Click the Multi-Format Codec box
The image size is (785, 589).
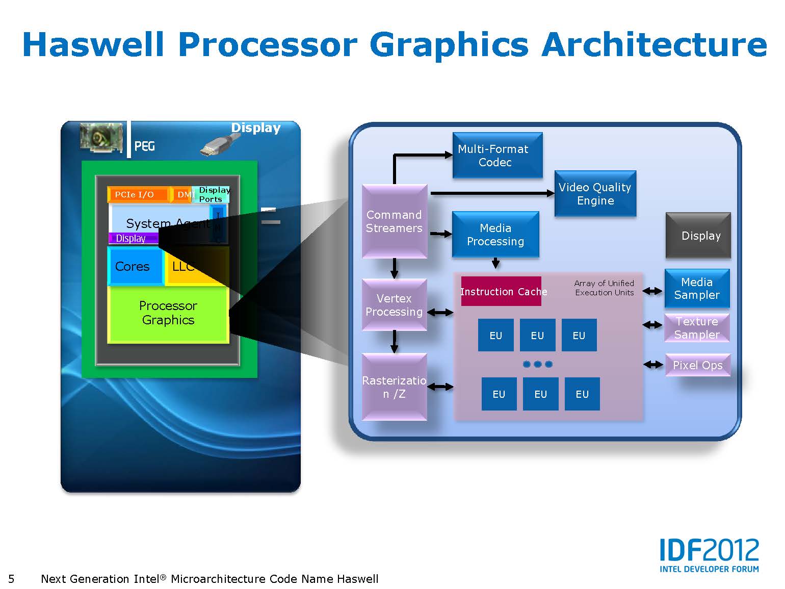pos(497,155)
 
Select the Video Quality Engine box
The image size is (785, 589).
pos(595,194)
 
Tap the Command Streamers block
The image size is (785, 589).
pos(394,221)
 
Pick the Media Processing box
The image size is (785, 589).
pos(495,235)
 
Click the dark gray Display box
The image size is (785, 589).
pos(698,236)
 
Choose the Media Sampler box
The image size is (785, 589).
pos(697,289)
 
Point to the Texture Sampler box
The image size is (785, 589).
pos(697,328)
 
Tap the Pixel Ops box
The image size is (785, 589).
pos(697,365)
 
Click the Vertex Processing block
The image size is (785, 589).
pos(394,305)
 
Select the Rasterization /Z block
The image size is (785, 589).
pos(394,387)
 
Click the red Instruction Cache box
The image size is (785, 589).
pos(501,291)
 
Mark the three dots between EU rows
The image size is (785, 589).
pos(538,364)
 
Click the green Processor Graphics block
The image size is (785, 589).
pos(168,313)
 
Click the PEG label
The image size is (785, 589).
pos(144,146)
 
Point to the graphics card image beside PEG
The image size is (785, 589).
pos(102,137)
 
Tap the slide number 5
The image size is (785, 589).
pos(11,579)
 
